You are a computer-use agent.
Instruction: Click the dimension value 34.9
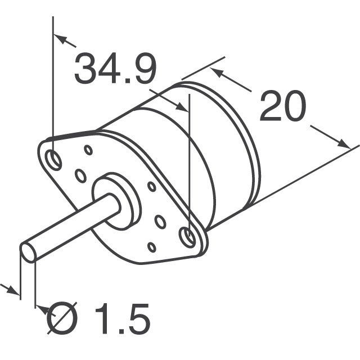tap(115, 69)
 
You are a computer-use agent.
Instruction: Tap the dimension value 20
tap(283, 107)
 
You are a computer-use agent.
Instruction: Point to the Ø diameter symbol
tap(62, 319)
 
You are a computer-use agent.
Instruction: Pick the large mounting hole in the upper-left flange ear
tap(55, 159)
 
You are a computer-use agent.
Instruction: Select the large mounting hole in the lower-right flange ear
tap(190, 237)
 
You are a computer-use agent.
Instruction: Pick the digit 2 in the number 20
tap(271, 107)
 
